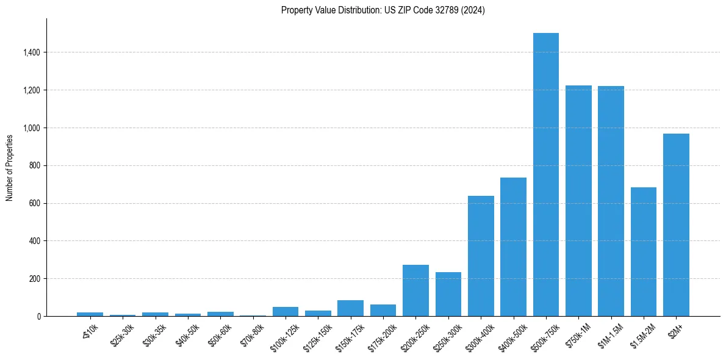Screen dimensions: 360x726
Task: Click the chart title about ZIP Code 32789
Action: click(383, 10)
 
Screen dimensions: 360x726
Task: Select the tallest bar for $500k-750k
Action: click(545, 175)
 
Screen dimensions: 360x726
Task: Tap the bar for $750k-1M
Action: click(578, 201)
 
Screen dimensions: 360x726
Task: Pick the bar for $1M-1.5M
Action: click(611, 201)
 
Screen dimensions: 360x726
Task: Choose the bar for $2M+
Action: click(676, 225)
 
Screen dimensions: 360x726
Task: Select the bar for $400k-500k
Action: click(513, 247)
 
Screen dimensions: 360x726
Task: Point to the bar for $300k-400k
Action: click(481, 256)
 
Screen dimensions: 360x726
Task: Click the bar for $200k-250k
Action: click(415, 290)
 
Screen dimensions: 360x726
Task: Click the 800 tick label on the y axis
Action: click(35, 166)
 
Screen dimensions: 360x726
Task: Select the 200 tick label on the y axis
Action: click(35, 279)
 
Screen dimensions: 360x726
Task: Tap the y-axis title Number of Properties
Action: click(10, 167)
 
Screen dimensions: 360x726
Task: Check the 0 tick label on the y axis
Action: click(39, 317)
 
